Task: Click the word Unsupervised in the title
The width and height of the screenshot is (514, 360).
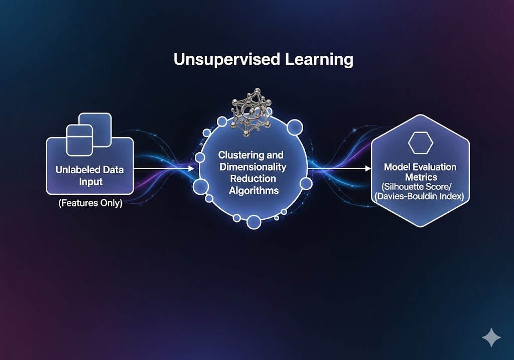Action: (x=211, y=59)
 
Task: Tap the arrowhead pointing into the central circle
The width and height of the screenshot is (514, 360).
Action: (x=191, y=169)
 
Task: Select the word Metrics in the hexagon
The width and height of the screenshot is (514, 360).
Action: (x=420, y=177)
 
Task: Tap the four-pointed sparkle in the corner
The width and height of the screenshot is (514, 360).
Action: (x=490, y=338)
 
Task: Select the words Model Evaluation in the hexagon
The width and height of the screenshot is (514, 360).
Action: (x=420, y=167)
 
